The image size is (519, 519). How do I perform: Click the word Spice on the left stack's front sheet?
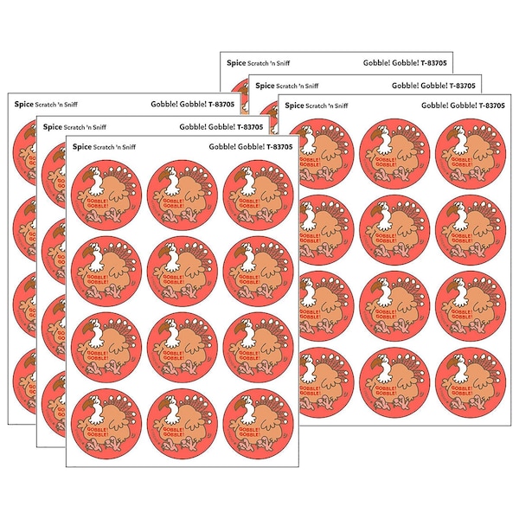point(83,147)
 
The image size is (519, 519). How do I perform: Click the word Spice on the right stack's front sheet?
point(295,106)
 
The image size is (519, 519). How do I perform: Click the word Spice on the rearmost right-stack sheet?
point(235,62)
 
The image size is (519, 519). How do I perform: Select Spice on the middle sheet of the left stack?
point(53,126)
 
